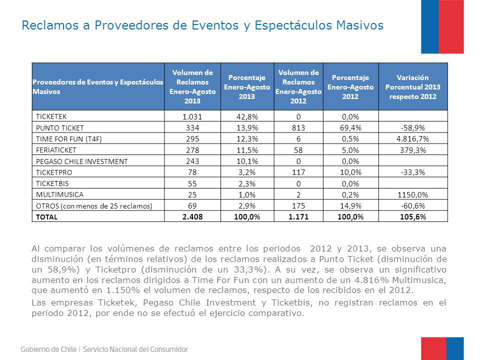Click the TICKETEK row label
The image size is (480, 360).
(x=51, y=116)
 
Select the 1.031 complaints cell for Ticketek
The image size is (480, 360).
(x=192, y=116)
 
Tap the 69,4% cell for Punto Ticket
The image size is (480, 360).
(x=350, y=127)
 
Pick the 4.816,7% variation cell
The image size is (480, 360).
(x=412, y=139)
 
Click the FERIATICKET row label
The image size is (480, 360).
(x=56, y=150)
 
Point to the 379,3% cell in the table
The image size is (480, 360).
(x=412, y=150)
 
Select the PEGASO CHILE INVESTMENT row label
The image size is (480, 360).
(x=81, y=161)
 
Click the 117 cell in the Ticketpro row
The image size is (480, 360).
(x=298, y=172)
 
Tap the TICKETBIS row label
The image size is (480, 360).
(x=52, y=183)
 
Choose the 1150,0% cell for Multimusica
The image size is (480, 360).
(x=412, y=194)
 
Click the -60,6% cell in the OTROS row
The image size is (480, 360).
(x=412, y=205)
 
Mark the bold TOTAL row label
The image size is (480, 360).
(x=46, y=217)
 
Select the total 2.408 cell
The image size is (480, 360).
(x=192, y=217)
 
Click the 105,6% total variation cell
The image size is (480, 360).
(x=412, y=217)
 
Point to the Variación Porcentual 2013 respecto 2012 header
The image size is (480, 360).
(x=412, y=87)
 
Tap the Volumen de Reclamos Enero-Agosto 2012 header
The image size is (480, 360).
(x=298, y=86)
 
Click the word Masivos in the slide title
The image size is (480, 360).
(x=359, y=25)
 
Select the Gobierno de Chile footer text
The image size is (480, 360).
(x=48, y=349)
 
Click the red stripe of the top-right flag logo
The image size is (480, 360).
(x=451, y=26)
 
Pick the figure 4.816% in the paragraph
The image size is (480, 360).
(x=371, y=280)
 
